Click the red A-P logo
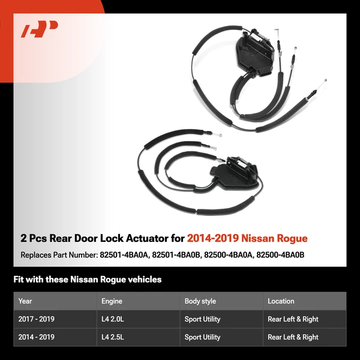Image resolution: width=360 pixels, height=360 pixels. [x=40, y=29]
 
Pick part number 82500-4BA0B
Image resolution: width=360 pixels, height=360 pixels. [x=281, y=255]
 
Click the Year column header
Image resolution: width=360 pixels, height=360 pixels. [x=25, y=301]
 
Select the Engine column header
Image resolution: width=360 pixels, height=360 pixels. [x=112, y=301]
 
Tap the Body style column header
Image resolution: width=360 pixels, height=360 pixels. [x=200, y=301]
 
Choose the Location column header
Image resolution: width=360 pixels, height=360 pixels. [x=281, y=301]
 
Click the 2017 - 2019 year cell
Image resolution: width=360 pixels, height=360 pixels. [x=36, y=319]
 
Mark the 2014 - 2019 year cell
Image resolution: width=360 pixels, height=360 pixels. [x=36, y=337]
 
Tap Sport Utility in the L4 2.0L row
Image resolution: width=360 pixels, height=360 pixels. [x=202, y=319]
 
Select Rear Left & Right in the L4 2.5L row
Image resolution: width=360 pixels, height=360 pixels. [x=293, y=337]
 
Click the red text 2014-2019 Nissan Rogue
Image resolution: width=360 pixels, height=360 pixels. [x=247, y=238]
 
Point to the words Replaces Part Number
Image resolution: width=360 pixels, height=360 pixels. [x=58, y=255]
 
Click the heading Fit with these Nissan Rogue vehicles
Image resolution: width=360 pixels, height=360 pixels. [x=88, y=280]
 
